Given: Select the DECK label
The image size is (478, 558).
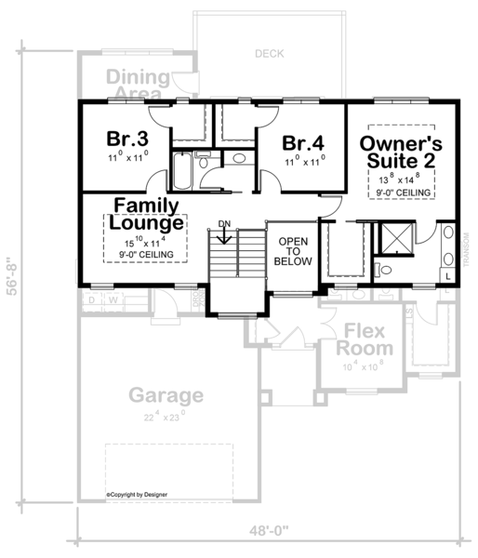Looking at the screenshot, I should coord(270,54).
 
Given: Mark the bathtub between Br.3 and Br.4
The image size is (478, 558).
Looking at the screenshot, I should coord(181,170).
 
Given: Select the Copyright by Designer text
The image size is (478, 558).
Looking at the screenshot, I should coord(140,496).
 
